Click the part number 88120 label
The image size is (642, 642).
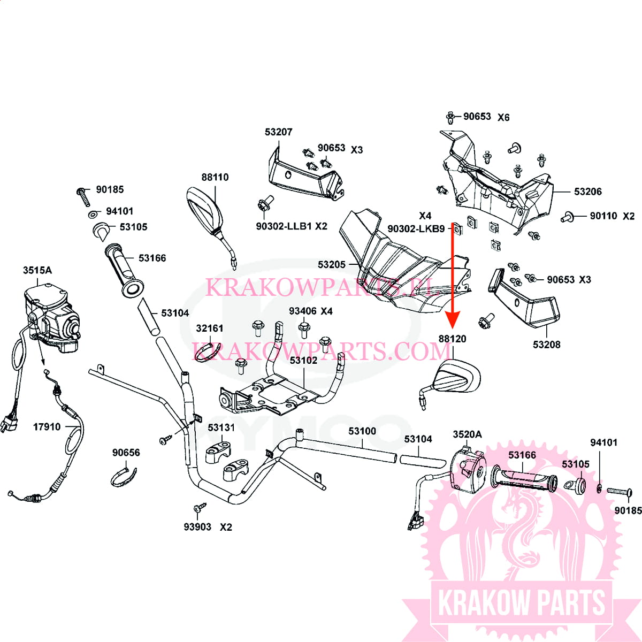[x=452, y=339]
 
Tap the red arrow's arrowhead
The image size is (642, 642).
[x=453, y=321]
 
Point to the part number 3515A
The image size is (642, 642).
[x=37, y=270]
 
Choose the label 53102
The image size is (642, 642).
[x=303, y=360]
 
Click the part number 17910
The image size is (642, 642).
[x=47, y=427]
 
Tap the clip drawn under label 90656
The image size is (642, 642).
[x=124, y=476]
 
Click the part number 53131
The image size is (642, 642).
[x=221, y=427]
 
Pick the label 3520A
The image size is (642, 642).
[x=467, y=434]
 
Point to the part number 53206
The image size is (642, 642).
[x=587, y=192]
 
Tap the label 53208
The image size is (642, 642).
[x=546, y=345]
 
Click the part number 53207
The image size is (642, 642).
[x=278, y=132]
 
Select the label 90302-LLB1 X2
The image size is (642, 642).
[x=291, y=226]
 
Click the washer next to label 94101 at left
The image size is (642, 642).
[x=93, y=215]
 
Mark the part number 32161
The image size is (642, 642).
[x=210, y=328]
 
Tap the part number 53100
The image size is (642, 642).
[x=362, y=431]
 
